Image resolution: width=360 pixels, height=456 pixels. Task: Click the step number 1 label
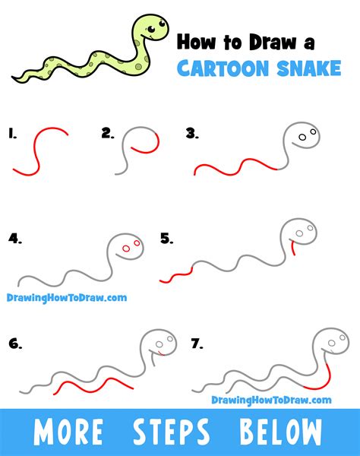pos(12,133)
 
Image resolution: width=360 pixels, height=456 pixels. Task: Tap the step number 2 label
pos(108,133)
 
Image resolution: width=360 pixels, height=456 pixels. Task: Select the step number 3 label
pos(192,133)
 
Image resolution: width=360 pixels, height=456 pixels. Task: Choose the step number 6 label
pos(15,344)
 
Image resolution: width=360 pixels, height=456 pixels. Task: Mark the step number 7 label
pos(197,344)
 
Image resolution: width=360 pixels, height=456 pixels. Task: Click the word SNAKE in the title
pos(308,68)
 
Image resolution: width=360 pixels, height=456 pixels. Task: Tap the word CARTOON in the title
pos(223,68)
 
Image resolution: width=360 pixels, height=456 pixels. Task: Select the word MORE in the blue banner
pos(68,432)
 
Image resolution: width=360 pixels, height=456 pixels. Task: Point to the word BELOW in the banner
pos(280,432)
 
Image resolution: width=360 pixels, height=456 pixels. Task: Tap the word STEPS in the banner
pos(171,432)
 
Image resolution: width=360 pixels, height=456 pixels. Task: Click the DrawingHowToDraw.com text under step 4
pos(67,298)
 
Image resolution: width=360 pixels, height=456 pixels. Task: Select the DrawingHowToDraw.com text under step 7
pos(271,401)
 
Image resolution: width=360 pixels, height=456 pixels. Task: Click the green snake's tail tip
pos(12,78)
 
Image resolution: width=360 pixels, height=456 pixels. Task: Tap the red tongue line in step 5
pos(292,247)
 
